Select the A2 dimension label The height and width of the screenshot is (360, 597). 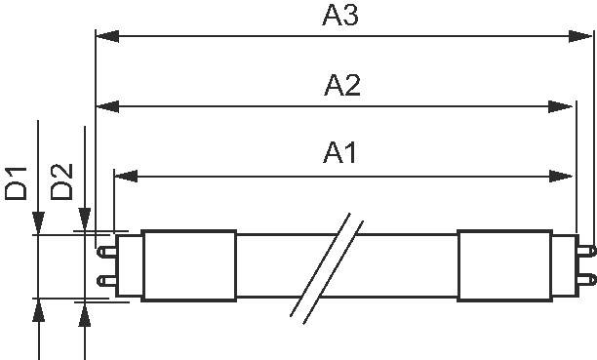(x=342, y=86)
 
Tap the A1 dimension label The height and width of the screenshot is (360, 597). (x=341, y=153)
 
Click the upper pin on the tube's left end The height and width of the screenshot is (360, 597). (x=104, y=250)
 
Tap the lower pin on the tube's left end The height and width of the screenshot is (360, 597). (x=104, y=282)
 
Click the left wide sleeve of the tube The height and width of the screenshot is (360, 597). (x=189, y=266)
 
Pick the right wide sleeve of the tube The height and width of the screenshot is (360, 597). (x=503, y=266)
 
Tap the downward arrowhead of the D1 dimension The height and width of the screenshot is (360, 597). (x=39, y=223)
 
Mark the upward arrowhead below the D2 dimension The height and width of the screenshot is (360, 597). (x=86, y=313)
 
